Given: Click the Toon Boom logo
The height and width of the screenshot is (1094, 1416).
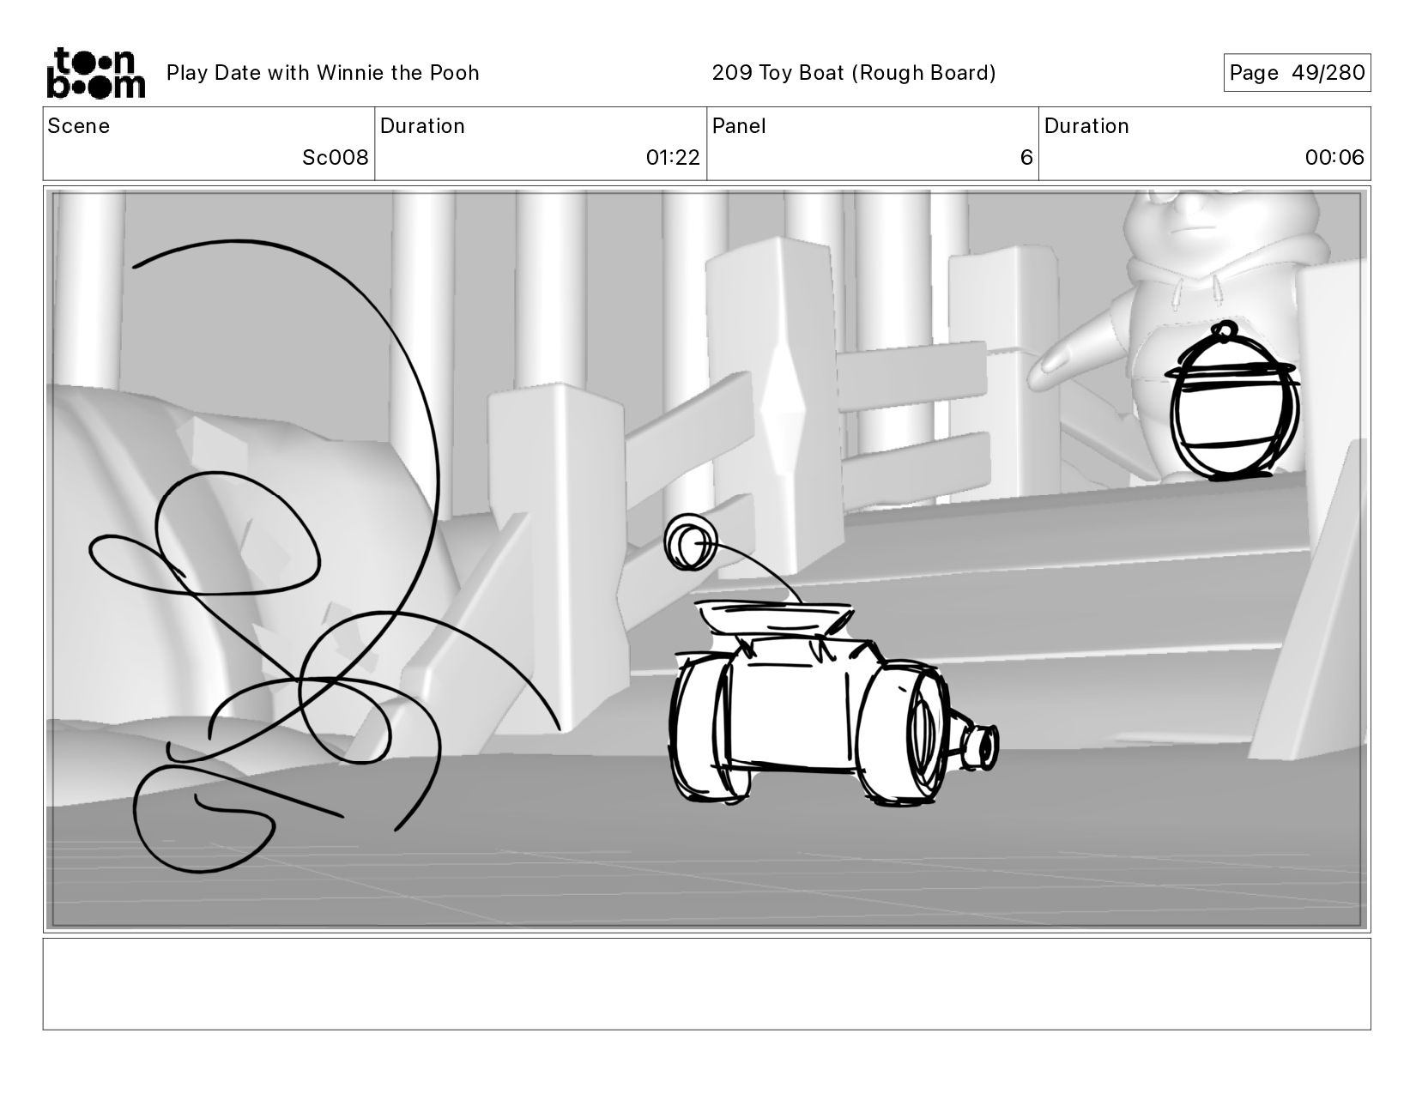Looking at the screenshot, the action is [x=96, y=73].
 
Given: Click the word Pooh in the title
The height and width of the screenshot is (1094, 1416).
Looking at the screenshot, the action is [x=454, y=72].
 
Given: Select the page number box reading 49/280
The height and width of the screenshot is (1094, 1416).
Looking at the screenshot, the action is [x=1297, y=72].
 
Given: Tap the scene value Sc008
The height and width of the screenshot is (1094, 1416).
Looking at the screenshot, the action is [x=335, y=157].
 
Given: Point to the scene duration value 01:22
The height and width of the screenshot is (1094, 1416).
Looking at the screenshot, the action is [x=673, y=157].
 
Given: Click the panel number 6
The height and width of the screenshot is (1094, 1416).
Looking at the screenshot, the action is [x=1026, y=157].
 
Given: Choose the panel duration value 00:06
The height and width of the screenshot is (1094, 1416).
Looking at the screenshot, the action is [x=1334, y=157].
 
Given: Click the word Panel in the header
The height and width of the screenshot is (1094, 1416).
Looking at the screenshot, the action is [x=738, y=126].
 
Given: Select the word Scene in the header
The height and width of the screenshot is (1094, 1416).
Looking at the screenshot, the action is [x=78, y=126].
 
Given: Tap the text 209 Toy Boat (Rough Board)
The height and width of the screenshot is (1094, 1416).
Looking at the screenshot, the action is [x=854, y=72].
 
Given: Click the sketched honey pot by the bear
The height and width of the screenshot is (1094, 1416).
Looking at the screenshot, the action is [x=1231, y=404].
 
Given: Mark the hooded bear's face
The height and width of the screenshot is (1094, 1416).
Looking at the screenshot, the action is [x=1198, y=218].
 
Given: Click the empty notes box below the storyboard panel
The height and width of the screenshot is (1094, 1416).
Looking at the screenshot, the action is [x=707, y=984].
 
